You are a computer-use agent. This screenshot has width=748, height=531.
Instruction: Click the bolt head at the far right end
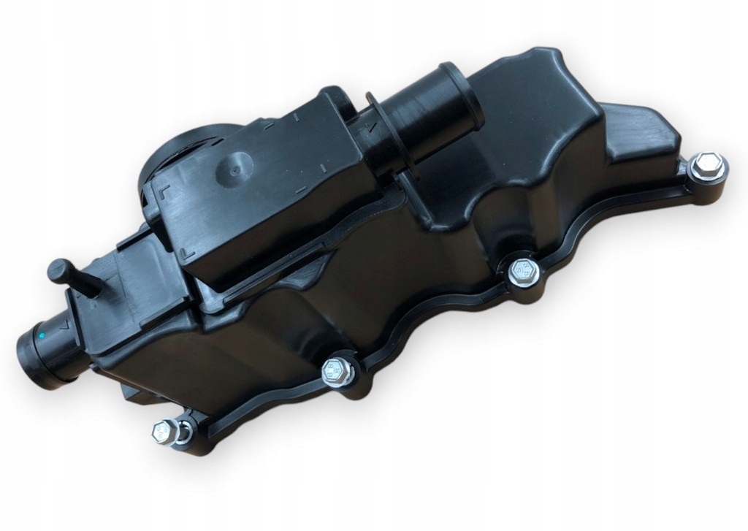(708, 167)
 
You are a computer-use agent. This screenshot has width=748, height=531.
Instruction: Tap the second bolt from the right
(523, 272)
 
